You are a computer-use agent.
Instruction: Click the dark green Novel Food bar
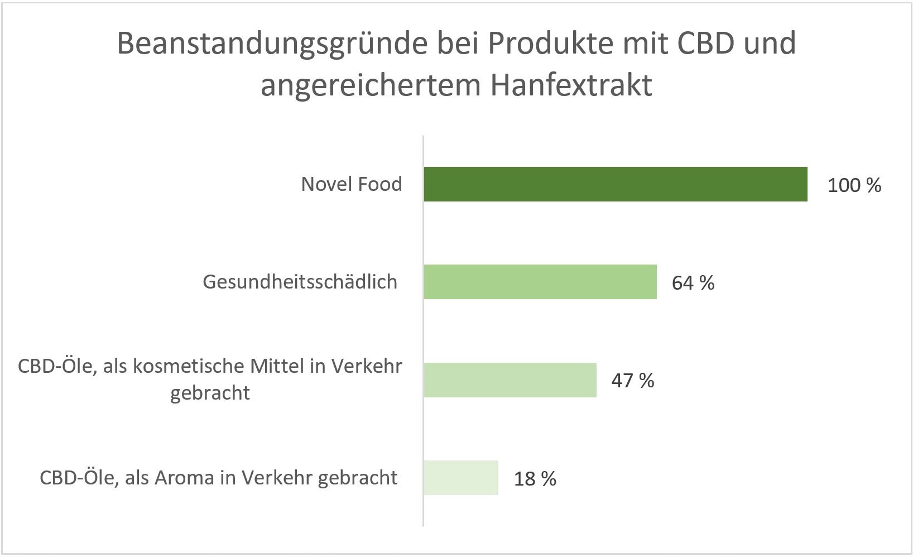615,184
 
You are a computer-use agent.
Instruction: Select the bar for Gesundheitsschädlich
540,282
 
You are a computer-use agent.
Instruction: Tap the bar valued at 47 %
510,380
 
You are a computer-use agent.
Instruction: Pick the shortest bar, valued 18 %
460,478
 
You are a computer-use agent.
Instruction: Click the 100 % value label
854,185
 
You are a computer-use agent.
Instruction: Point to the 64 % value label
693,283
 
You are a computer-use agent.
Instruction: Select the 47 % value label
632,381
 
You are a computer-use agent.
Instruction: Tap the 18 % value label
535,479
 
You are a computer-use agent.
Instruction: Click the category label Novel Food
351,184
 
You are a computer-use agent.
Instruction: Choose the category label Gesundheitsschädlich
300,282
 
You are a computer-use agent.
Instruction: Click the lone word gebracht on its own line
210,393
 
